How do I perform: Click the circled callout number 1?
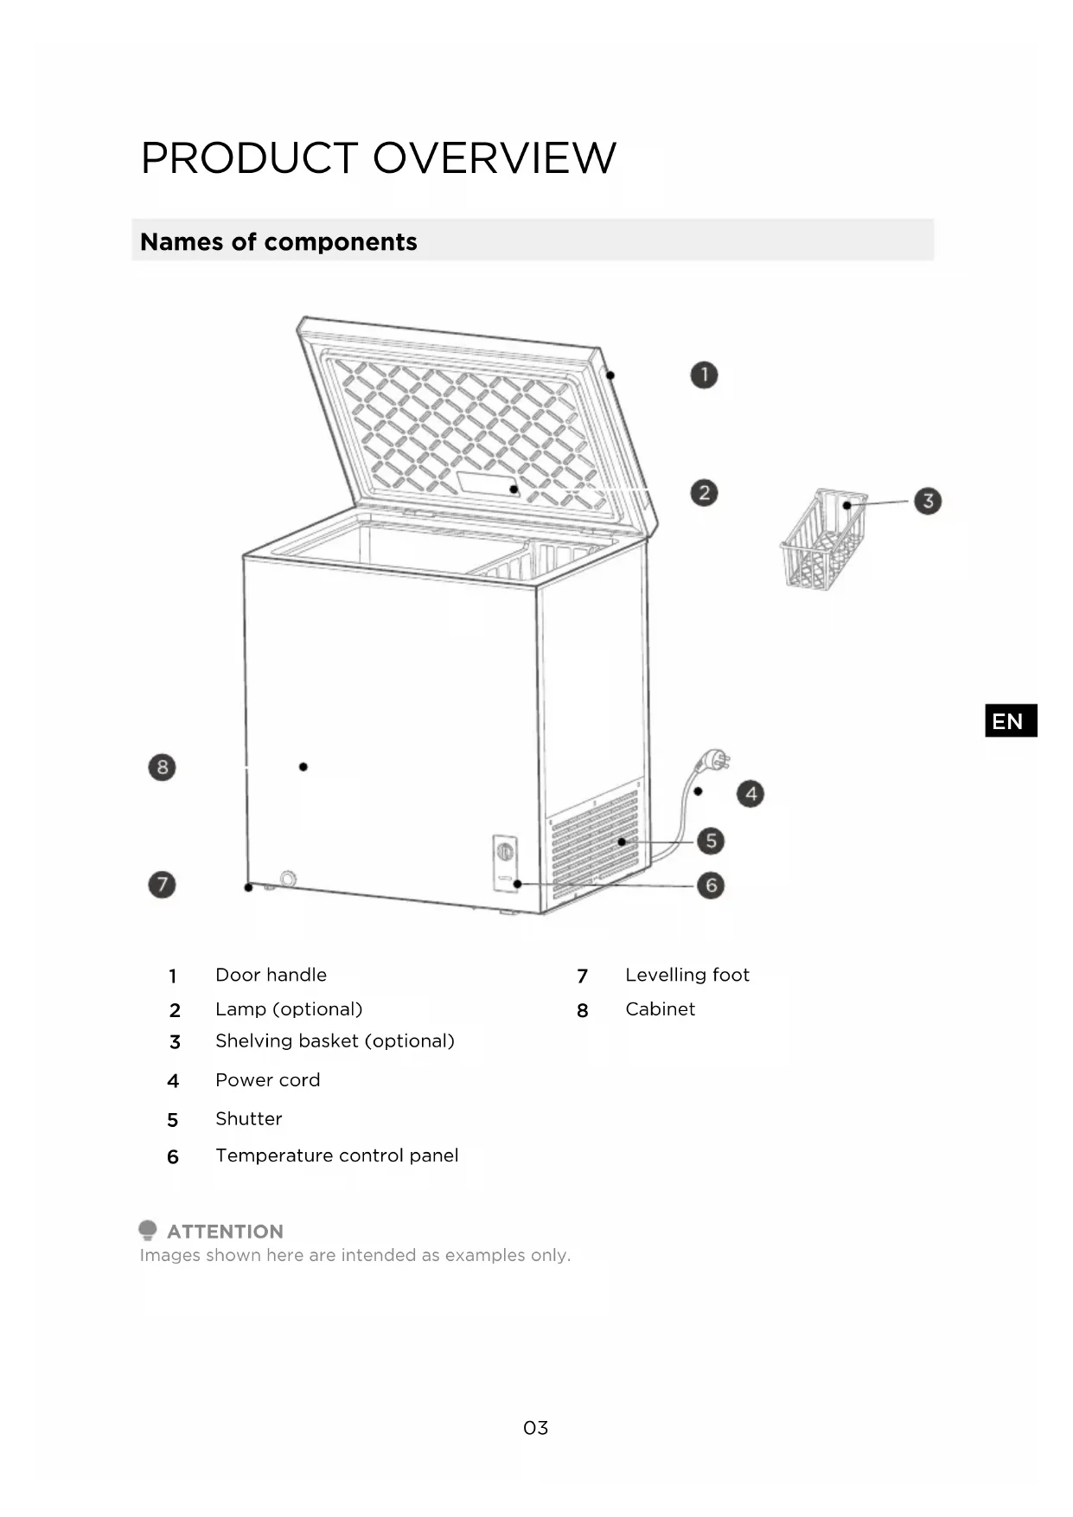(704, 375)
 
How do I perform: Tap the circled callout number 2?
(704, 493)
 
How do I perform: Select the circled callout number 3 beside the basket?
(928, 501)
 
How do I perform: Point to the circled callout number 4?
(750, 794)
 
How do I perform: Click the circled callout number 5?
(711, 841)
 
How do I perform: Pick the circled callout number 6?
(711, 886)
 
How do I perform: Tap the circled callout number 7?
(162, 885)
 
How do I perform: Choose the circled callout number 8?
(162, 767)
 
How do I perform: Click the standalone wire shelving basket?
(822, 541)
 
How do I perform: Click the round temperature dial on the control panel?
(505, 853)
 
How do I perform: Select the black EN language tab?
(1010, 720)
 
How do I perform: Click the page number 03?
(535, 1428)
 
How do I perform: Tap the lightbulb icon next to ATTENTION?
(148, 1230)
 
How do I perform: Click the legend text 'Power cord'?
(267, 1080)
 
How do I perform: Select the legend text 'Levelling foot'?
(687, 975)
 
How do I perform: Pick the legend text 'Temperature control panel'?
(336, 1155)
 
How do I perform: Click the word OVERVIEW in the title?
(494, 158)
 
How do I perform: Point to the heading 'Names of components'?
(278, 242)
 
